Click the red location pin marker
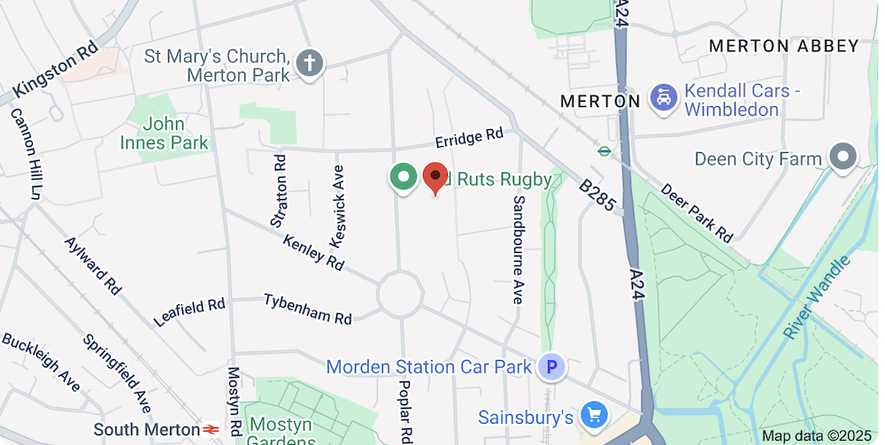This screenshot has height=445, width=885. (435, 177)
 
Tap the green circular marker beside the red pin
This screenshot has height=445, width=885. (404, 177)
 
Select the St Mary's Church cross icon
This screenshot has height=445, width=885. (310, 64)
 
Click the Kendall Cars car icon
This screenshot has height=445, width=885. (663, 97)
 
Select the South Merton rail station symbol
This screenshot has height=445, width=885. (211, 430)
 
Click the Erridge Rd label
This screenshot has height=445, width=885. (468, 138)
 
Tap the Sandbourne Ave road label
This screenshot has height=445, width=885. (518, 249)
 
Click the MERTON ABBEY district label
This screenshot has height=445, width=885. (784, 46)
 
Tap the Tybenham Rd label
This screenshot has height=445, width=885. (307, 308)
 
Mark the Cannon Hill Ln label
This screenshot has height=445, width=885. (26, 153)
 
